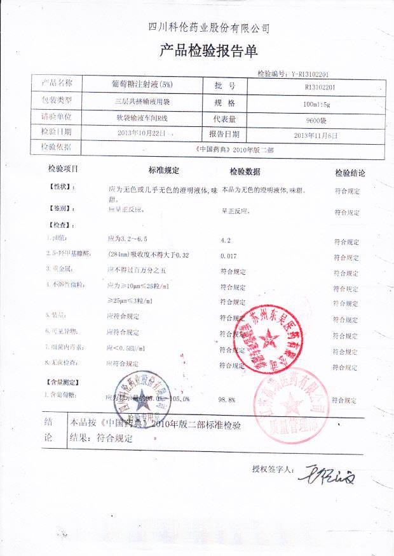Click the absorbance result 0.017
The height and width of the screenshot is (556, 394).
(x=228, y=255)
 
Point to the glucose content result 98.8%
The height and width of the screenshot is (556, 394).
(x=227, y=400)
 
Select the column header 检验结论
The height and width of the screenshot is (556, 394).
(x=350, y=173)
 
